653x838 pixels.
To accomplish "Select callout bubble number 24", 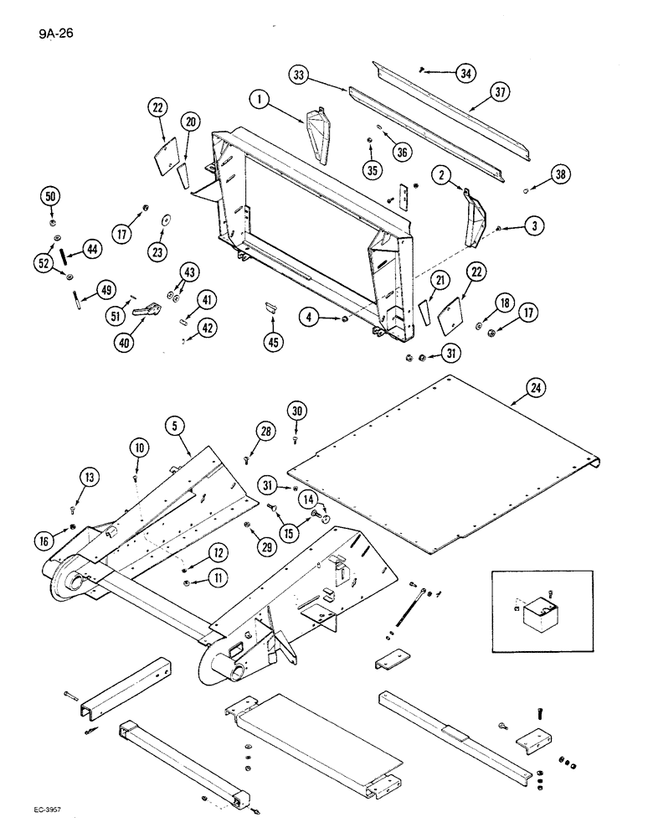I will tap(536, 387).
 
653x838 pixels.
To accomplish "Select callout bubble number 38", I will tap(560, 175).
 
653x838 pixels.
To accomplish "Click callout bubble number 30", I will tap(296, 411).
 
